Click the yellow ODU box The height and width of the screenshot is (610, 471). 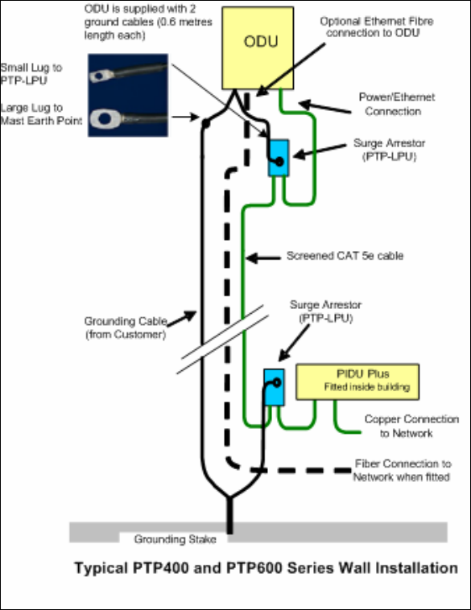tap(258, 47)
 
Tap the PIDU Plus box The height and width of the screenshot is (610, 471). tap(357, 381)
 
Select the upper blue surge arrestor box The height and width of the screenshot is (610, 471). tap(279, 158)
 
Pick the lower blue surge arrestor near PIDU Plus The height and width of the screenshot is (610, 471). tap(274, 387)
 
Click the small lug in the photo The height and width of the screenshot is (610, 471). tap(101, 76)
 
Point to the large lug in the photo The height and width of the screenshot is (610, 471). tap(105, 118)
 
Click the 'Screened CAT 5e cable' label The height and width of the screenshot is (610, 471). tap(345, 256)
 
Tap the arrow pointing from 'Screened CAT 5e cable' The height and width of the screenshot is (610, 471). tap(263, 258)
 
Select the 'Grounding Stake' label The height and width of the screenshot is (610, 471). tap(176, 539)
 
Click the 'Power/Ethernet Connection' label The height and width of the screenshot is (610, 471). tap(395, 104)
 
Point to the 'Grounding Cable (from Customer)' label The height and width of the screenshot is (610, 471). tap(126, 328)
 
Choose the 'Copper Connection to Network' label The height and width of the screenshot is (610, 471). tap(411, 426)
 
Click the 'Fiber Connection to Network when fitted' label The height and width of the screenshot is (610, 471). tap(402, 470)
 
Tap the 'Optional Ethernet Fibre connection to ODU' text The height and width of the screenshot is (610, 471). tap(377, 27)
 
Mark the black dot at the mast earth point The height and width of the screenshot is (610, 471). tap(206, 124)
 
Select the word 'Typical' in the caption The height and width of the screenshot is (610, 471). tap(100, 569)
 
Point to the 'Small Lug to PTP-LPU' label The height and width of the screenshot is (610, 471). tap(31, 73)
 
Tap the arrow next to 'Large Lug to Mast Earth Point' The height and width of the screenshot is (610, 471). tap(185, 117)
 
